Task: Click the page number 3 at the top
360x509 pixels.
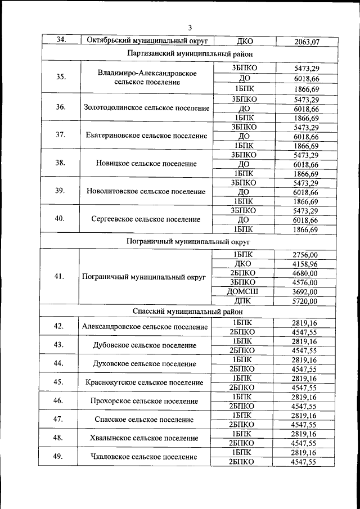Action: click(x=190, y=28)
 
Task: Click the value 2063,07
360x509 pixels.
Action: click(x=307, y=41)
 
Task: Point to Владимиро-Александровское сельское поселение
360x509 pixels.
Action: click(x=146, y=78)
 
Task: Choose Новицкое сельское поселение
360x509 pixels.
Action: click(x=146, y=164)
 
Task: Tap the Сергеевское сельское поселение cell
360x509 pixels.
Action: click(x=146, y=219)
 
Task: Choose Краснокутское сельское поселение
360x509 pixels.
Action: click(x=145, y=382)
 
